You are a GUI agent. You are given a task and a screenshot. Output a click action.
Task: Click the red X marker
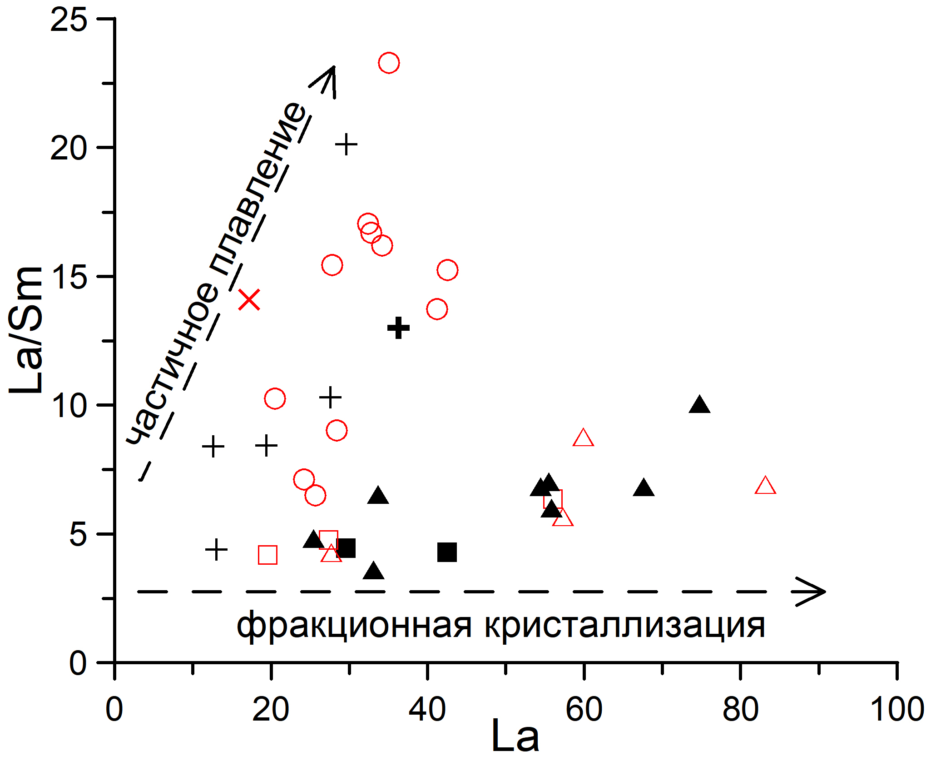coord(249,300)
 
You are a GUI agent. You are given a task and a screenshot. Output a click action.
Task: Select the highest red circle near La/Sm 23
coord(389,63)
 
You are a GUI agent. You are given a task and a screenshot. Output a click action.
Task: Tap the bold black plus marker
coord(399,328)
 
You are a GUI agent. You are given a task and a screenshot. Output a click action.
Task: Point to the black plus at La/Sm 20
coord(347,144)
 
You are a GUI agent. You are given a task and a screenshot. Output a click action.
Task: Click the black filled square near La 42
coord(447,552)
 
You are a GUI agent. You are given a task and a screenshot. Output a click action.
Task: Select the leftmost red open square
coord(267,555)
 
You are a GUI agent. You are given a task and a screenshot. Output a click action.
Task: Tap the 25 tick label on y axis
coord(68,20)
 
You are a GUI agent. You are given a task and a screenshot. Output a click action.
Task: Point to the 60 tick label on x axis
coord(584,710)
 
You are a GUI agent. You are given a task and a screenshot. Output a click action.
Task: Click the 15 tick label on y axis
coord(68,278)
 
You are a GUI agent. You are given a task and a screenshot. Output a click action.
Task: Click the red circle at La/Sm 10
coord(275,399)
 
